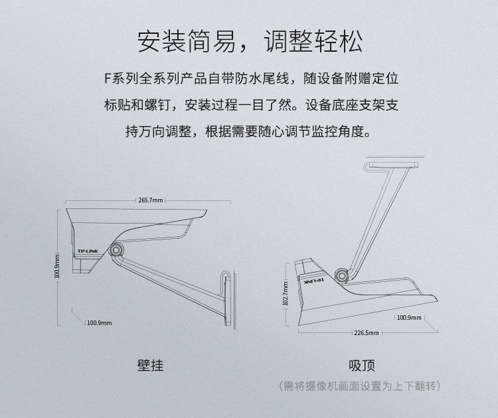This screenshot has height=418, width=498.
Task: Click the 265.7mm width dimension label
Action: click(x=151, y=200)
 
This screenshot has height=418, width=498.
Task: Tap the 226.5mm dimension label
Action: click(x=367, y=333)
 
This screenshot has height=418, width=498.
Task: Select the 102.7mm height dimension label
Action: click(x=286, y=293)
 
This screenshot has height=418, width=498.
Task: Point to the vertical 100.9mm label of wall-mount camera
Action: click(x=57, y=266)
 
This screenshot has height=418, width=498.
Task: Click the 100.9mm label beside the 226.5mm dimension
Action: click(x=409, y=317)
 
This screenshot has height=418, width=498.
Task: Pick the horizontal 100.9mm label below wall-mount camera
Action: click(x=100, y=322)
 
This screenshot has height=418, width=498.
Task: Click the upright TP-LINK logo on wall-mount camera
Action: click(x=88, y=251)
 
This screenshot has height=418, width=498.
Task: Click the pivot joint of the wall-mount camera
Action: click(x=116, y=250)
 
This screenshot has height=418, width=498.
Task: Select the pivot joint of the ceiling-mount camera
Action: click(x=342, y=275)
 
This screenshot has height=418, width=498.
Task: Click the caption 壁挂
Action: click(x=151, y=366)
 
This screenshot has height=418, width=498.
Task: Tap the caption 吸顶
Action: click(x=362, y=366)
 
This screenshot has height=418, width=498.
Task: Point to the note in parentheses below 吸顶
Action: click(x=359, y=386)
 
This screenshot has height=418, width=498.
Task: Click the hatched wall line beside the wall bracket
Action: click(x=234, y=300)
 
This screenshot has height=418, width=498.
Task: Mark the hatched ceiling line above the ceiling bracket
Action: click(x=396, y=157)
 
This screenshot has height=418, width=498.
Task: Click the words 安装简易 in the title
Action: click(x=187, y=42)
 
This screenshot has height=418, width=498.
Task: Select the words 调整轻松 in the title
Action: click(x=313, y=42)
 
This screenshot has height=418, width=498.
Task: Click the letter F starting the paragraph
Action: click(x=108, y=79)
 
